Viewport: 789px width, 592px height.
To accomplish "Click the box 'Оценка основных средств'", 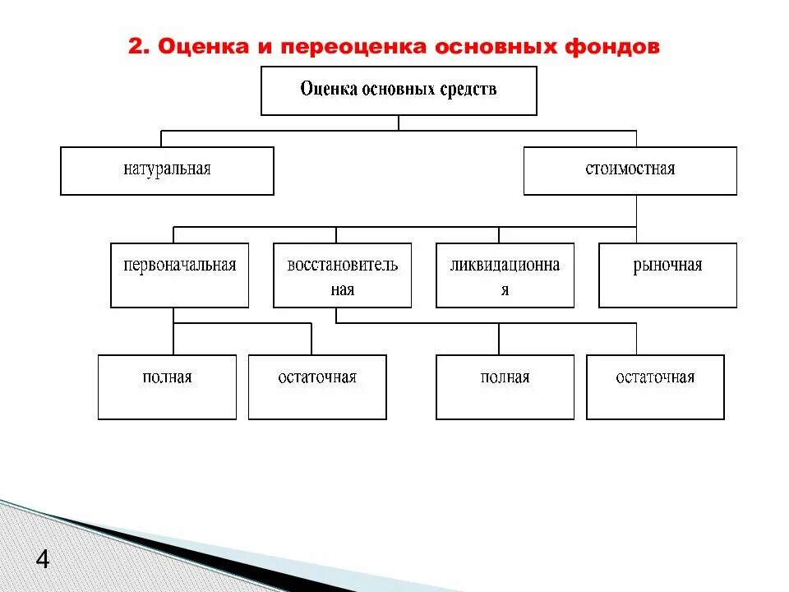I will (x=399, y=90).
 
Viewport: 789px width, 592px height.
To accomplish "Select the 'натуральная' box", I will (x=167, y=170).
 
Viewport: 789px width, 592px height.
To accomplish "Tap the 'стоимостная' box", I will (x=630, y=170).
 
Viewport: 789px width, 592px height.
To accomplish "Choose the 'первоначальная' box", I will (x=179, y=275).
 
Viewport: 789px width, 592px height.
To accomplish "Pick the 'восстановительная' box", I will (x=342, y=275).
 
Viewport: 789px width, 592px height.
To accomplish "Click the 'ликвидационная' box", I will (x=505, y=275).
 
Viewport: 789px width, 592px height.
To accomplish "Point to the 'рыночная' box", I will (x=667, y=275).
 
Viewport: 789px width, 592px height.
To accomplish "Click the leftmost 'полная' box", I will (x=167, y=386).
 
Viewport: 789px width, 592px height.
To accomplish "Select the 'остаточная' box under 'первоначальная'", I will (x=317, y=386).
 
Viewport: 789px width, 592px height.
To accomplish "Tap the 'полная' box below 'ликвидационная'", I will (x=505, y=386).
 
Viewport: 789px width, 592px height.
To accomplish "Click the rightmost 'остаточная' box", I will (x=655, y=386).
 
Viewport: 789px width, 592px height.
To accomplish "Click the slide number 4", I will (x=43, y=562).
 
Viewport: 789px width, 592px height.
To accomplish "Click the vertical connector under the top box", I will (x=399, y=123).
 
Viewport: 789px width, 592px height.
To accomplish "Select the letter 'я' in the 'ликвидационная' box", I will (x=505, y=290).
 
